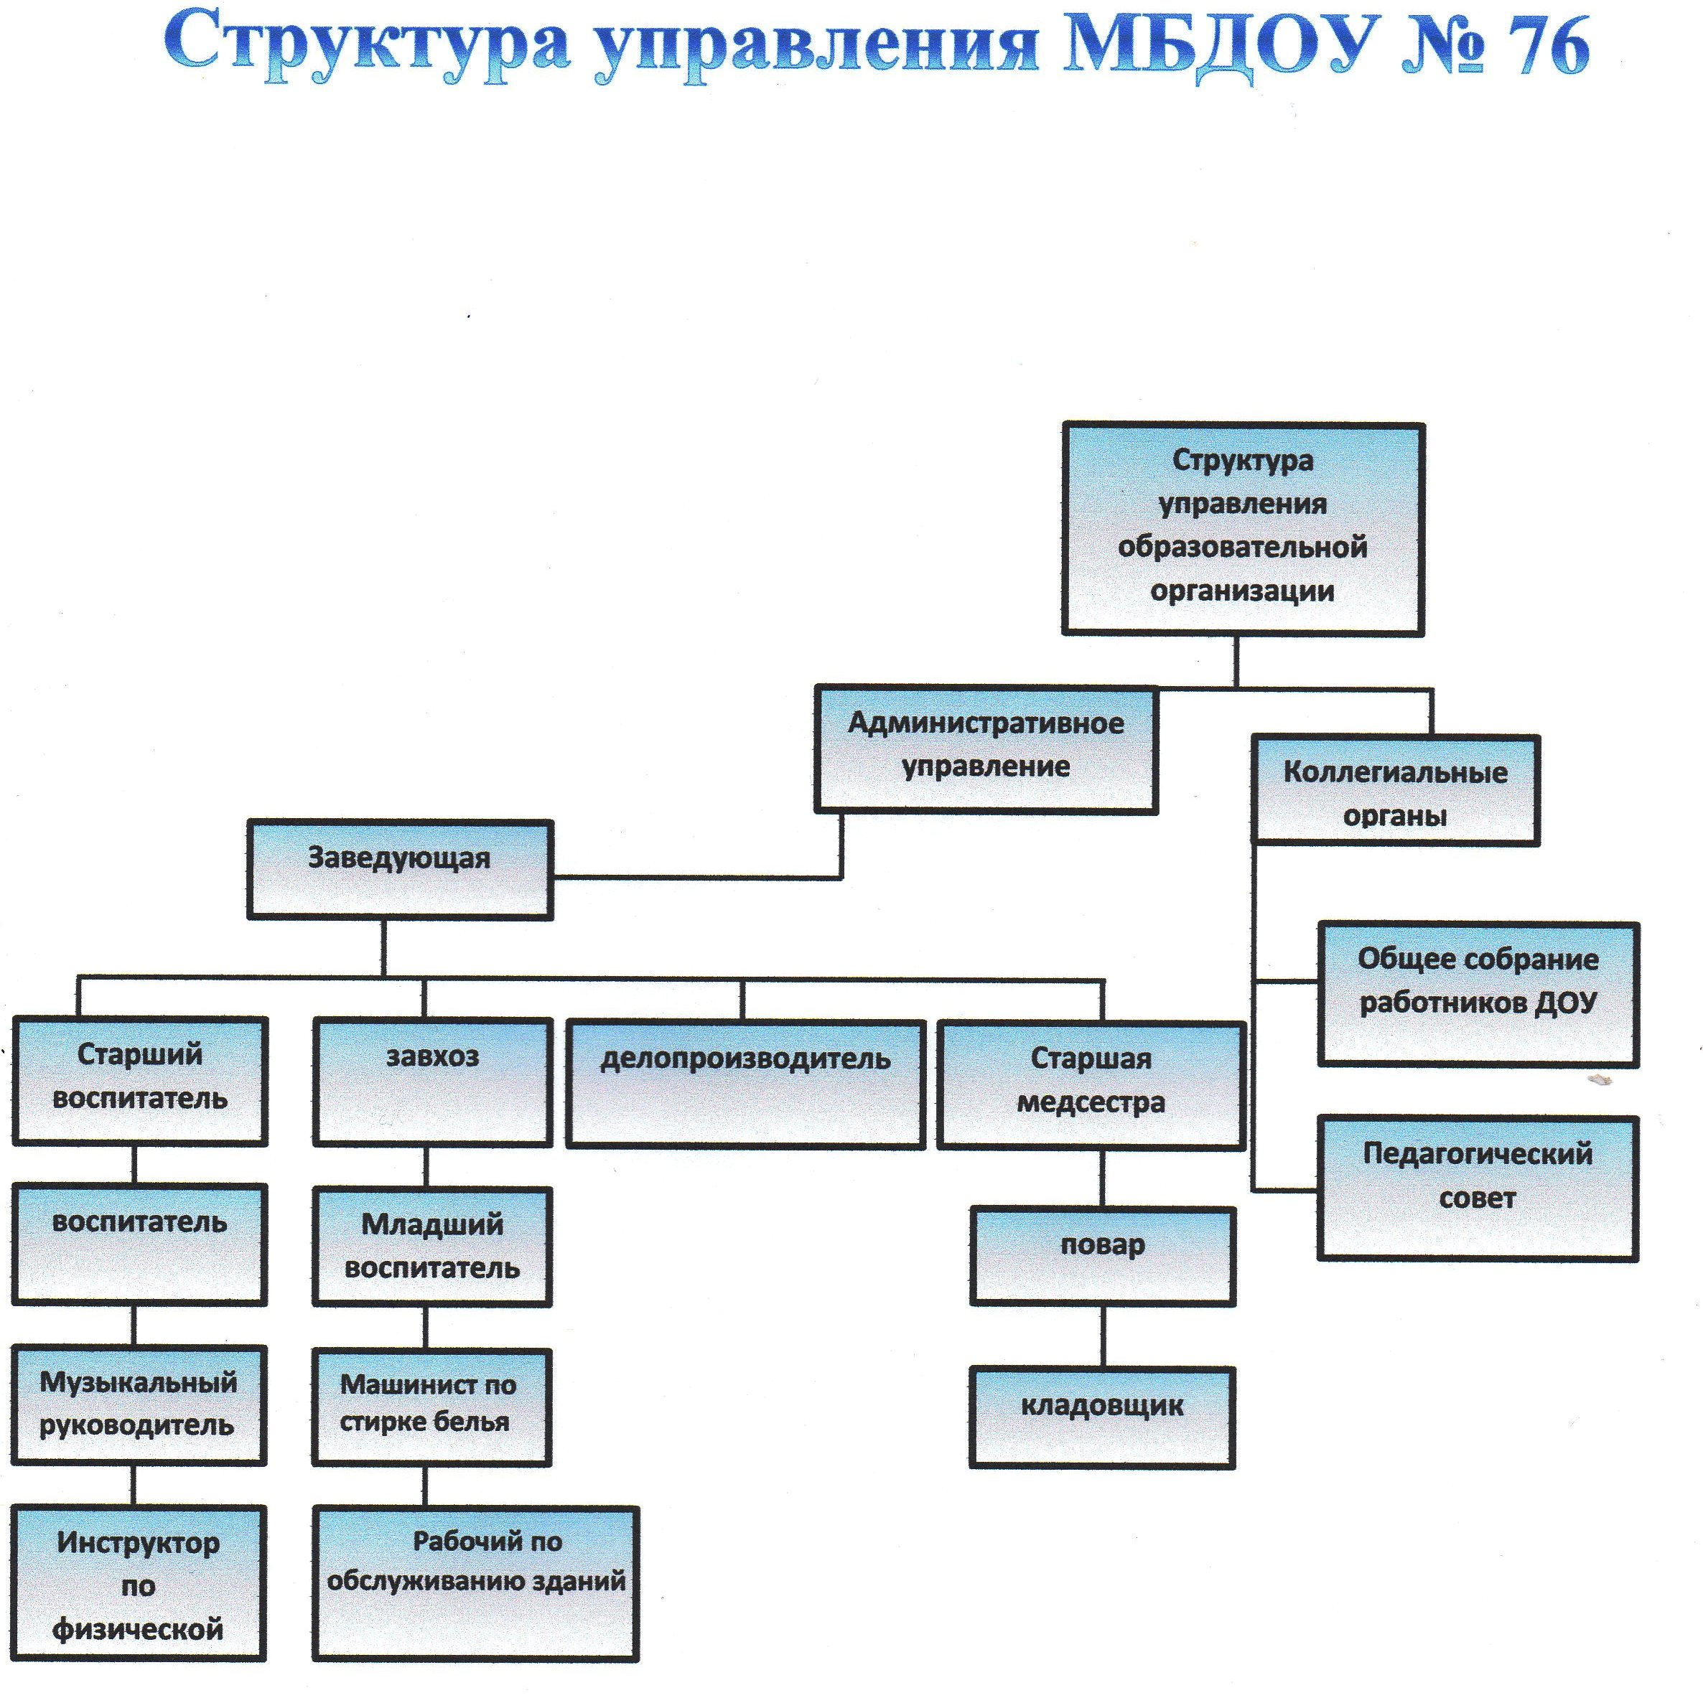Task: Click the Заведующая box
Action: (x=399, y=870)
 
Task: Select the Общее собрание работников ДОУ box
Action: (x=1478, y=994)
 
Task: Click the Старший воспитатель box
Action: (x=139, y=1080)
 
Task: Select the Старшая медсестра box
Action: (x=1091, y=1084)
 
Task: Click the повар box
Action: (x=1102, y=1256)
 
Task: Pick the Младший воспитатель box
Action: (x=432, y=1246)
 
